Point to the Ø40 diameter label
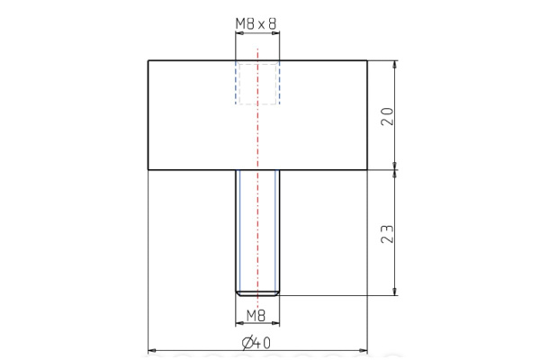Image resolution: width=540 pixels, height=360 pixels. pos(257,342)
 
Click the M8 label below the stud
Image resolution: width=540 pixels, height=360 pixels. pos(257,315)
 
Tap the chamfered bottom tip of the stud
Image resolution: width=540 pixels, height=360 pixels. pos(257,292)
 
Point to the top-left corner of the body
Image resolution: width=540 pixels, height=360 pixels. pos(148,60)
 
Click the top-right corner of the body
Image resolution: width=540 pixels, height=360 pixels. pos(367,60)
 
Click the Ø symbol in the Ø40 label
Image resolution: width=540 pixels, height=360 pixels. pos(247,342)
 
